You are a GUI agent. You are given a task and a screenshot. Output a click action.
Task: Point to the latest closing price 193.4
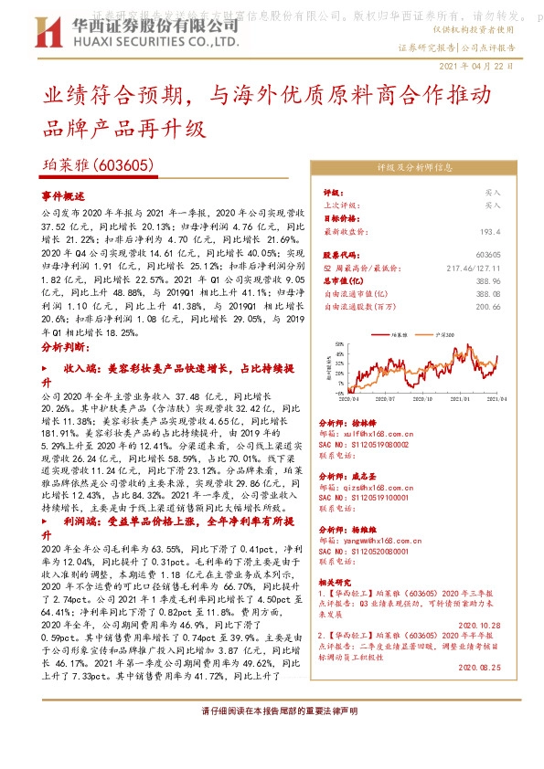[x=491, y=232]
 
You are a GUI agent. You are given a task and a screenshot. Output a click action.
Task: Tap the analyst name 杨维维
[x=365, y=530]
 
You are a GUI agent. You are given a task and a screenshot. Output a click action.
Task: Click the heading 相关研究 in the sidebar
[x=336, y=581]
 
